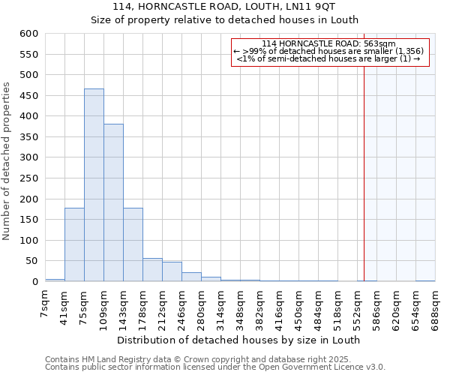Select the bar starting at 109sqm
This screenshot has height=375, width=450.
(113, 202)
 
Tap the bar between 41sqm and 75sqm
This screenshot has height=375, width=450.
(74, 244)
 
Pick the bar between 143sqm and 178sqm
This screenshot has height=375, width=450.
(133, 244)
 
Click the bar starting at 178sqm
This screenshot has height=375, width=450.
(152, 270)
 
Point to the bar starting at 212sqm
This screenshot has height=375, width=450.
(172, 271)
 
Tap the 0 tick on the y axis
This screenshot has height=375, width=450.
(34, 282)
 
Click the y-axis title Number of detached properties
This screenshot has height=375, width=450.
(7, 162)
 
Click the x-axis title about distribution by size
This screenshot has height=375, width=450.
(239, 340)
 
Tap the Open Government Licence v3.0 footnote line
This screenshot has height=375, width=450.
(215, 367)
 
